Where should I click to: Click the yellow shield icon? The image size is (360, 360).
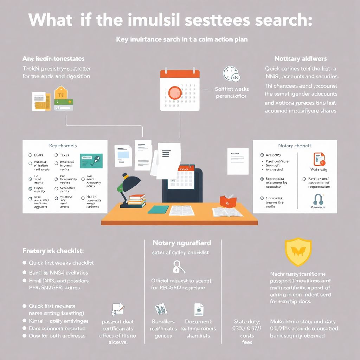(298, 251)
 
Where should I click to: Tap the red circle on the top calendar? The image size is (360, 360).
(175, 92)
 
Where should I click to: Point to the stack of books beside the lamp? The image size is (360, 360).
(137, 201)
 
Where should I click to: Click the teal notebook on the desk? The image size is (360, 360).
(158, 210)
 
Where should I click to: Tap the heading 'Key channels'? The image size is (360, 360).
(63, 146)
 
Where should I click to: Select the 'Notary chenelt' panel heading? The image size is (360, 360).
(295, 146)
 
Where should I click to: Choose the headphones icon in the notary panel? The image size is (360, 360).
(318, 199)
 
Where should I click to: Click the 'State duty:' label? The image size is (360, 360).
(247, 321)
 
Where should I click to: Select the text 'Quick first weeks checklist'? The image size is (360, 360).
(61, 263)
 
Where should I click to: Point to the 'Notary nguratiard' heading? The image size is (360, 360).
(182, 243)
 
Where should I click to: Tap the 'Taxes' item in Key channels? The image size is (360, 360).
(64, 155)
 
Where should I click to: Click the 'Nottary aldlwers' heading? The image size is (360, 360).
(300, 59)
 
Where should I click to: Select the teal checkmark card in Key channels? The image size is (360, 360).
(91, 160)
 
